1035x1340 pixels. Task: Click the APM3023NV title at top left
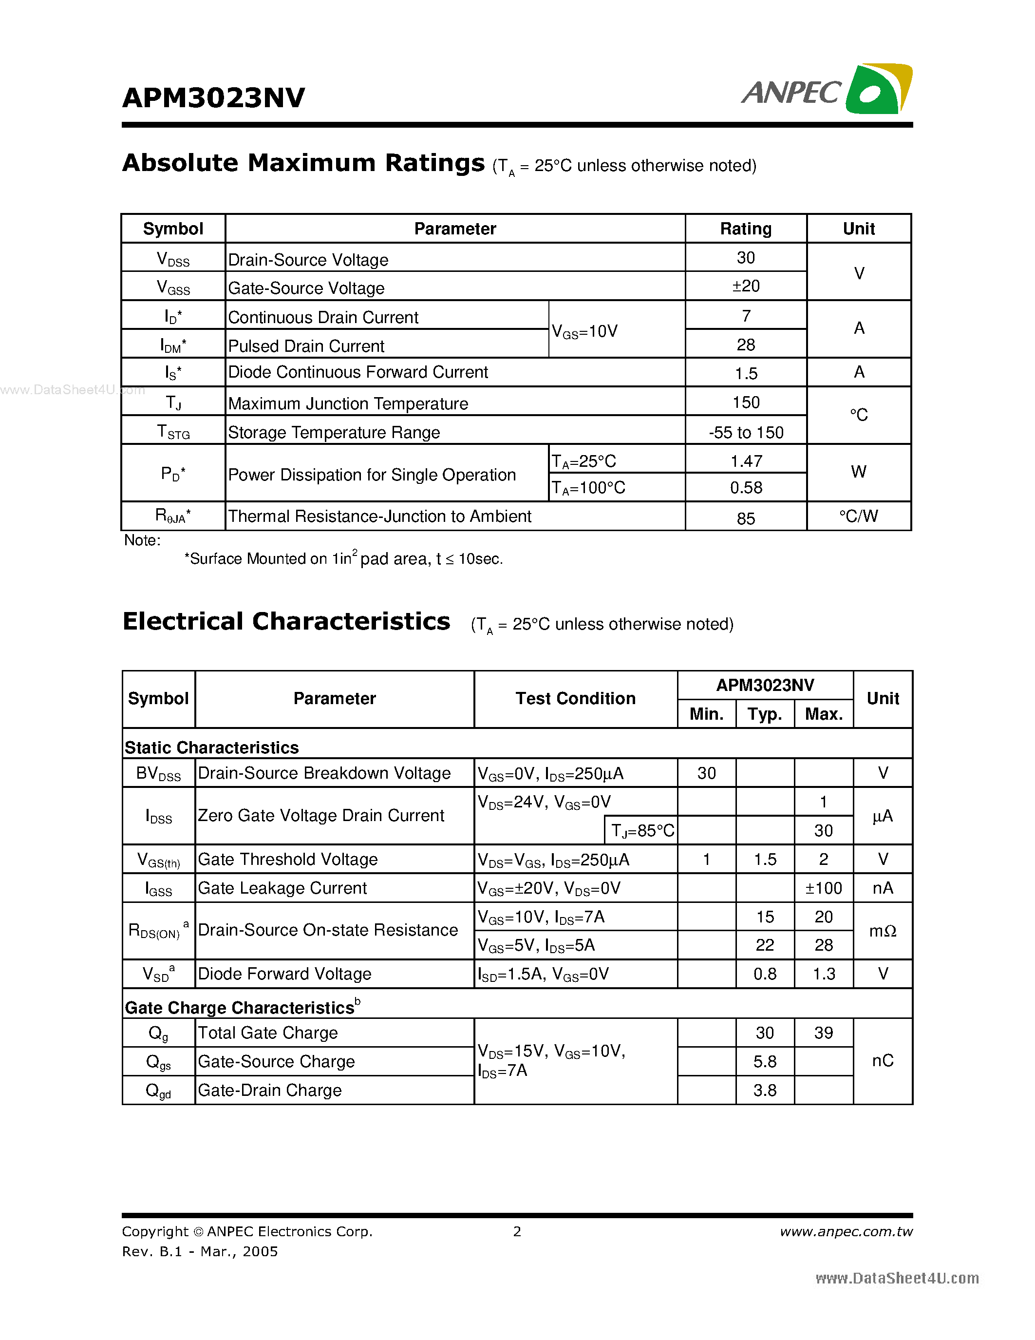click(213, 98)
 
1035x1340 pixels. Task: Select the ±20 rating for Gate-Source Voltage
click(746, 286)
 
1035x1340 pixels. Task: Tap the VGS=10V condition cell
click(584, 332)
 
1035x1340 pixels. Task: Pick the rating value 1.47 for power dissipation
click(746, 461)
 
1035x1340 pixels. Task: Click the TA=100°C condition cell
click(588, 488)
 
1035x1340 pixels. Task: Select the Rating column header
click(746, 229)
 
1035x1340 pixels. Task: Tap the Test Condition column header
click(575, 699)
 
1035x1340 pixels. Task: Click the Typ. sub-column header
click(765, 714)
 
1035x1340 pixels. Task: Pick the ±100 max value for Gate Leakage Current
click(824, 888)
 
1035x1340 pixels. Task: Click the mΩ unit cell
click(883, 931)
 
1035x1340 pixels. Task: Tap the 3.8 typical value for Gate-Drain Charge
click(765, 1091)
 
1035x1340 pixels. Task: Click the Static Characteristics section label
click(211, 747)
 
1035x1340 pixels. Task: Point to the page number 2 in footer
click(517, 1231)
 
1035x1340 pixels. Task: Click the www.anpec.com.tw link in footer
click(846, 1231)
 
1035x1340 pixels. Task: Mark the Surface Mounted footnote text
click(343, 559)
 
